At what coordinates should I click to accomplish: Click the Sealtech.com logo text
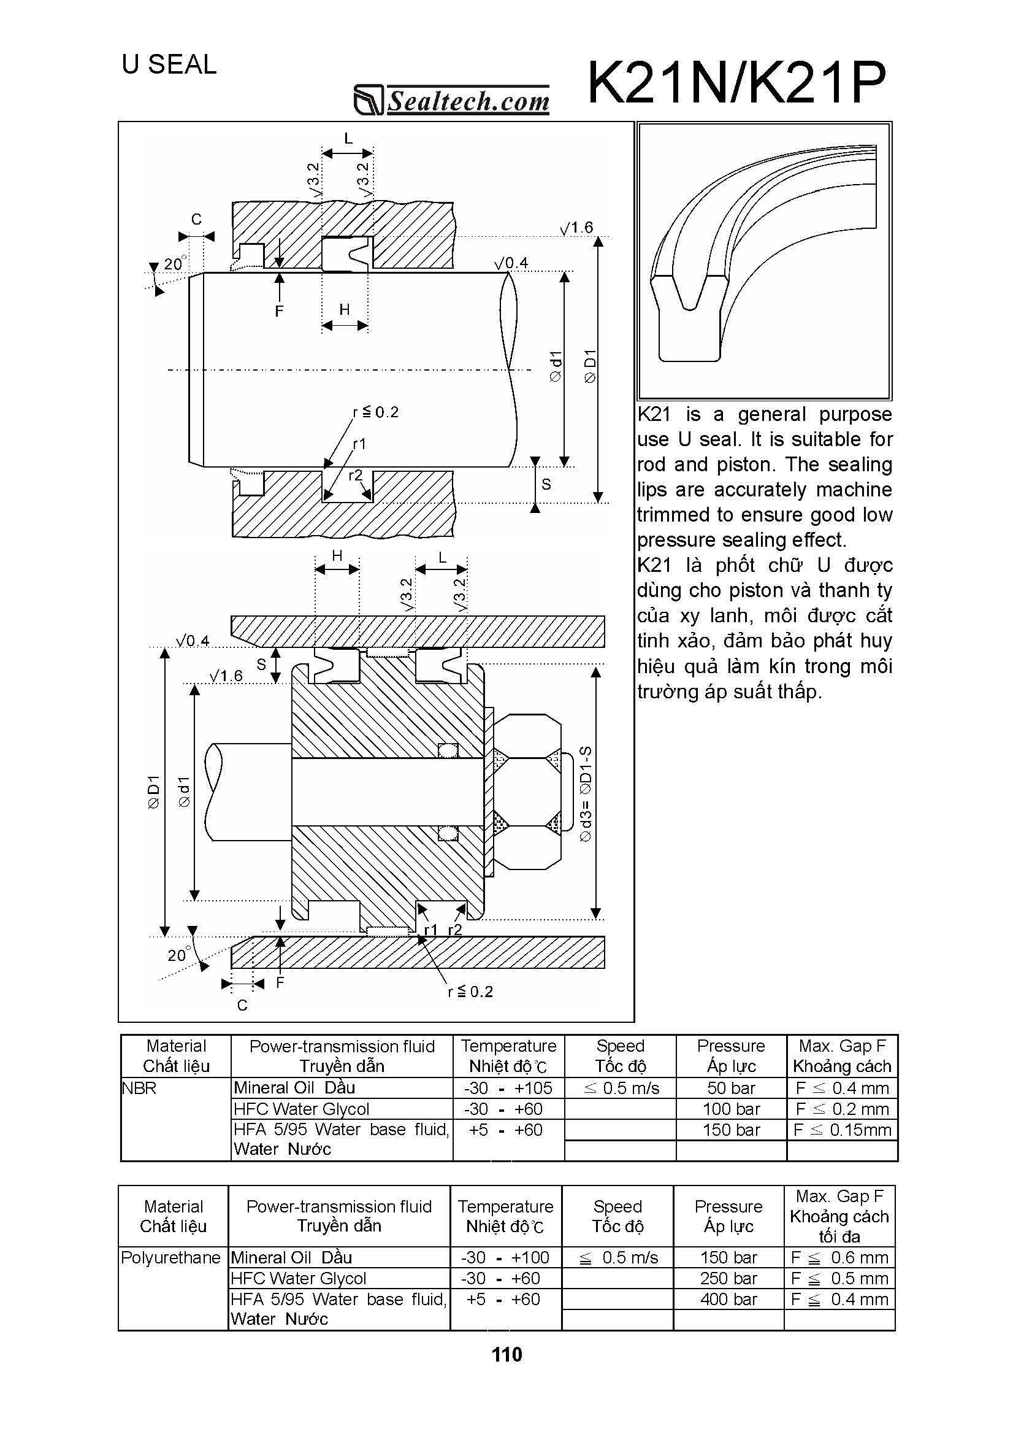tap(468, 101)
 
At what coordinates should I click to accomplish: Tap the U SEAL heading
tap(169, 64)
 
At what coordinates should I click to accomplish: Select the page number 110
tap(506, 1354)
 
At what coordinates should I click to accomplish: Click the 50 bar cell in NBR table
tap(731, 1088)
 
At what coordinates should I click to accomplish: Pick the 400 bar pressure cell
tap(728, 1299)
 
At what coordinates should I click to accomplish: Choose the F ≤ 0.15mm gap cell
tap(842, 1130)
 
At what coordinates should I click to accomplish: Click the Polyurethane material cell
tap(170, 1257)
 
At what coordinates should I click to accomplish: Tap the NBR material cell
tap(139, 1088)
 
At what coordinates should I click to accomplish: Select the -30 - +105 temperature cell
tap(508, 1088)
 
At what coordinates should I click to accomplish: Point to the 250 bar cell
tap(728, 1278)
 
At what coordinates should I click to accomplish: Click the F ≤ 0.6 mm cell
tap(839, 1257)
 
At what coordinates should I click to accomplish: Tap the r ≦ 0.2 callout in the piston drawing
tap(470, 991)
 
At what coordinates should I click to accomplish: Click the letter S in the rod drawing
tap(546, 484)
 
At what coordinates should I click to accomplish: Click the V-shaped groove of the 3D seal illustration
tap(690, 293)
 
